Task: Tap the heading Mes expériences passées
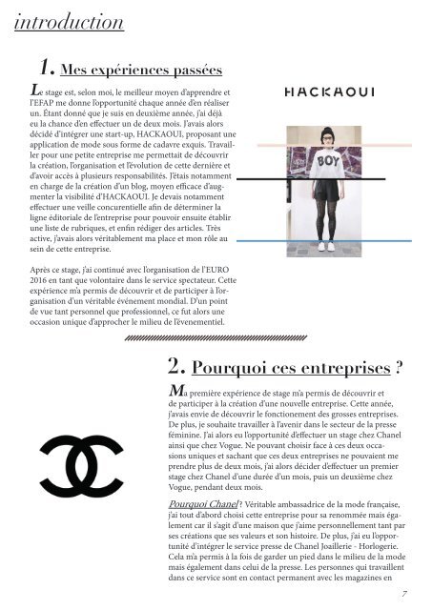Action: click(140, 71)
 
